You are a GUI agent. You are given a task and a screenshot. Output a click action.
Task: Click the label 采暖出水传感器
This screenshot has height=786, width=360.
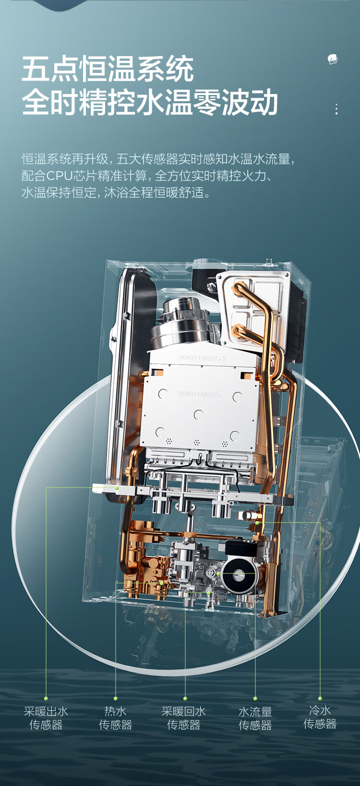[46, 718]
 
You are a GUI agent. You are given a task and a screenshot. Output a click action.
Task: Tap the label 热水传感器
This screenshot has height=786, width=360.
[115, 718]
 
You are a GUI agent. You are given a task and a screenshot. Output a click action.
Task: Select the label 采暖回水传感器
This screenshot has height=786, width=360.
[183, 718]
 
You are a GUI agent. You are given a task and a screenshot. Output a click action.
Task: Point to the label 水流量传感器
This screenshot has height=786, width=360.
[255, 719]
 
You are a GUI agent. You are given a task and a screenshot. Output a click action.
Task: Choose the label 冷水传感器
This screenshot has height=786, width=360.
[320, 717]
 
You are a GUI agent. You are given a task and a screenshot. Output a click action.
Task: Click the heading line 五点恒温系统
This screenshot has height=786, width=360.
[108, 69]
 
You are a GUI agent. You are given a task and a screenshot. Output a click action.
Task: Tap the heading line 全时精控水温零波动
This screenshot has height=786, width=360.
[150, 102]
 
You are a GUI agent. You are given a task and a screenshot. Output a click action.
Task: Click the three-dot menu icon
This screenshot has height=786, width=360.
[336, 109]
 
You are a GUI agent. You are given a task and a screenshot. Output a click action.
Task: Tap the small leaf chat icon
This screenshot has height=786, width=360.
[332, 60]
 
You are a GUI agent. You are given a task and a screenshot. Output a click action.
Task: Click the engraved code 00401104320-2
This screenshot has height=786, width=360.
[203, 358]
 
